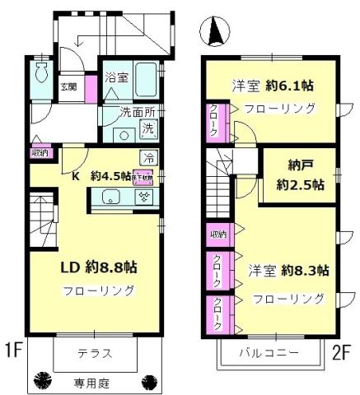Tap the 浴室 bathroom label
click(117, 78)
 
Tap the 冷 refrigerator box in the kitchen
click(148, 157)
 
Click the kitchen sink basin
click(111, 197)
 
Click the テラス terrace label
click(95, 355)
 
